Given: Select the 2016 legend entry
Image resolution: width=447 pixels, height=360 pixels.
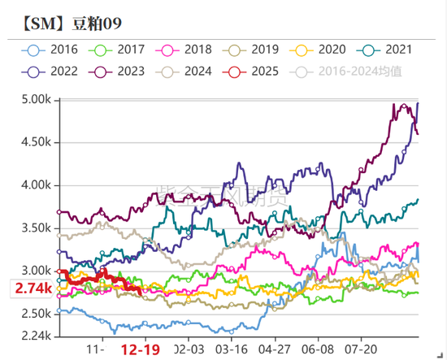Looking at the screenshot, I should tap(54, 50).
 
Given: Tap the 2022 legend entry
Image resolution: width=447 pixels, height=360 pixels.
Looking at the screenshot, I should tap(54, 71).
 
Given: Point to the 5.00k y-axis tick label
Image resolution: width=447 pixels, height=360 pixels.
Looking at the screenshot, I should tap(36, 99).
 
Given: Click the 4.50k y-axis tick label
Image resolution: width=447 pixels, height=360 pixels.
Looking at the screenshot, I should tap(36, 142).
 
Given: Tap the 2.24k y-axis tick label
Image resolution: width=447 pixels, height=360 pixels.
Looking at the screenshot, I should tap(36, 336).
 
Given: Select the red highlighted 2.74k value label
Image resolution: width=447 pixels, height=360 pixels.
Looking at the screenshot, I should tap(33, 288).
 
